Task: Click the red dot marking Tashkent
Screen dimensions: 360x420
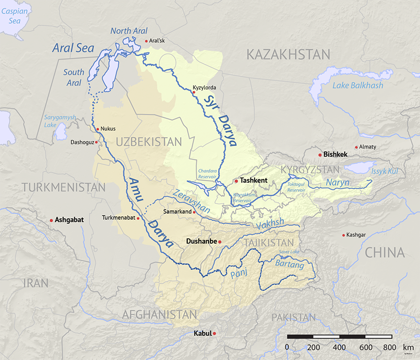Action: tap(236, 181)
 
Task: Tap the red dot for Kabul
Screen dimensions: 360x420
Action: tap(214, 333)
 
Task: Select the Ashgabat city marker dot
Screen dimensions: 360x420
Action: tap(51, 220)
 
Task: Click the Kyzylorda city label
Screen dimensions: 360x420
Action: tap(204, 88)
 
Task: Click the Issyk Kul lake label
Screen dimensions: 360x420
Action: tap(385, 171)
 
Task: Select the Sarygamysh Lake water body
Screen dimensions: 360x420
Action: tap(61, 131)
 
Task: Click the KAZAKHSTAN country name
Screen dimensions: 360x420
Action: tap(288, 54)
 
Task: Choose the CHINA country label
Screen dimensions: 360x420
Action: tap(385, 252)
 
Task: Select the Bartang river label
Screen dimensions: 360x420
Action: tap(289, 266)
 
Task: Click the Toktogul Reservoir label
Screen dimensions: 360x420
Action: tap(296, 187)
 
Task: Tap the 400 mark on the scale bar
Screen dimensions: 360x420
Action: tap(339, 347)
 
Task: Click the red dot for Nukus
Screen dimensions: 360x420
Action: tap(98, 129)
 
